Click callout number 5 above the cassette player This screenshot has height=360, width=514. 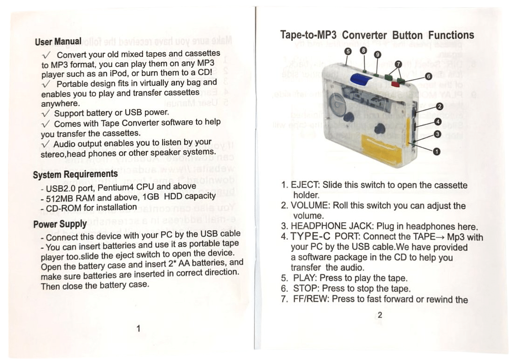click(x=348, y=52)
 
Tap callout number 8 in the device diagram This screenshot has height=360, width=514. click(x=364, y=49)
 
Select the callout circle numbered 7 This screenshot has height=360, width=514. click(x=398, y=64)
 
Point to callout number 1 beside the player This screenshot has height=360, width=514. click(x=437, y=151)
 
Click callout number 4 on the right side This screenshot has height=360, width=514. click(x=438, y=122)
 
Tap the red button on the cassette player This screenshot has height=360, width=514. click(x=396, y=84)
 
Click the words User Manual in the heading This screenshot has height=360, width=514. click(x=58, y=41)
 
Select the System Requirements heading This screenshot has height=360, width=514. click(x=75, y=175)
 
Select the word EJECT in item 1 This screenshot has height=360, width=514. click(x=305, y=185)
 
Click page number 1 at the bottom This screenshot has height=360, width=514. click(x=138, y=329)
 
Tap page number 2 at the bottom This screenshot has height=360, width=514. click(x=380, y=315)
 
